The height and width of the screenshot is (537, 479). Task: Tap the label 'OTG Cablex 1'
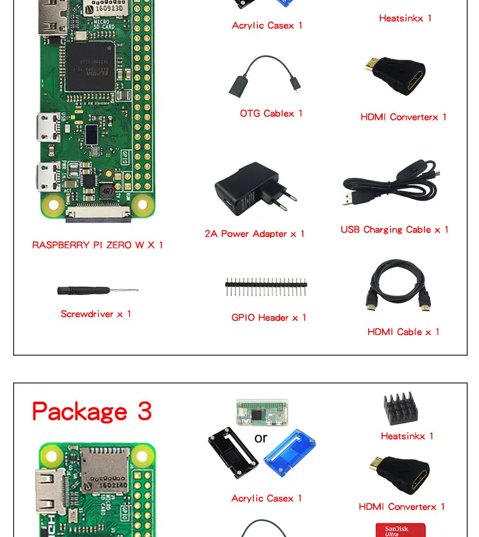[271, 113]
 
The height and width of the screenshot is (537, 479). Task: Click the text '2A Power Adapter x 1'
[254, 233]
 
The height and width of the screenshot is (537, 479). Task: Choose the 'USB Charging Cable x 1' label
[395, 229]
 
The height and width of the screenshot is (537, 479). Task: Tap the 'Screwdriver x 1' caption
[96, 314]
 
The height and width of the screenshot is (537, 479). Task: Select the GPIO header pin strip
[266, 287]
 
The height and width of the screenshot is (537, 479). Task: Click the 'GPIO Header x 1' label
[269, 317]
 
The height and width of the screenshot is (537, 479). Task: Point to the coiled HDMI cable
[398, 286]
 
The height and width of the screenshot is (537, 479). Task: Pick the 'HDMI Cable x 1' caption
[404, 332]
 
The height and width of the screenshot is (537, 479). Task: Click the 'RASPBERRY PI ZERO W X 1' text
[98, 245]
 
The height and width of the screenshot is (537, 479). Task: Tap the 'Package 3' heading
[92, 411]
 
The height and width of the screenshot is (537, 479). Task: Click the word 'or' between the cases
[260, 438]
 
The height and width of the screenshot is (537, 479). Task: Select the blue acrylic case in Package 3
[290, 457]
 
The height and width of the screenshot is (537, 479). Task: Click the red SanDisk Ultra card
[400, 530]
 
